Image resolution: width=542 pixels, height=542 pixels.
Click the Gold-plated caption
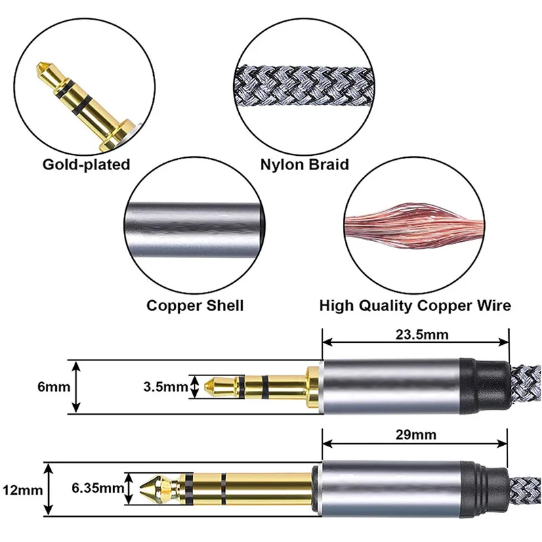(x=86, y=165)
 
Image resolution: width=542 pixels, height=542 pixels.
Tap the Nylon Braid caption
(x=305, y=165)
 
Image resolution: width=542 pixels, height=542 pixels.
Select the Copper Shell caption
(x=195, y=306)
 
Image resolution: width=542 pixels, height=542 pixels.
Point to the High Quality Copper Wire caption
(x=415, y=306)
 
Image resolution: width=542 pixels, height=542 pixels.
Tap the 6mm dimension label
(x=32, y=388)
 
